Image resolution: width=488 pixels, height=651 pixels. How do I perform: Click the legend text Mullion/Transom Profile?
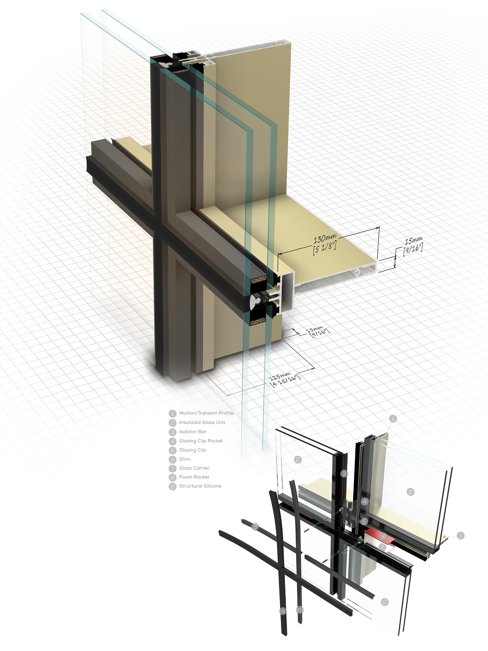(x=206, y=413)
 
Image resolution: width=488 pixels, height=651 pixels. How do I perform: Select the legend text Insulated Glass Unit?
(x=202, y=422)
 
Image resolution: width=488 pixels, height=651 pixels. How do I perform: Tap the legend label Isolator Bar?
(x=193, y=432)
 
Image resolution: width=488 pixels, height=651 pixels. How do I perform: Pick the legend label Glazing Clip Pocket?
(x=201, y=441)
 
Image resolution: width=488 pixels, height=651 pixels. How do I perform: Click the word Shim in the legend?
(x=185, y=459)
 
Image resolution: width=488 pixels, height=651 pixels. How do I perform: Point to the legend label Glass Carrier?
(x=194, y=468)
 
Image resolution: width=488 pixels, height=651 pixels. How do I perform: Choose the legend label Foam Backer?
(x=194, y=477)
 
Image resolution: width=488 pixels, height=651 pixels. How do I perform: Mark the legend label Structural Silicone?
(x=200, y=486)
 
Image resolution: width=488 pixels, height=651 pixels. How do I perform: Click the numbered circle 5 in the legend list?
(x=172, y=450)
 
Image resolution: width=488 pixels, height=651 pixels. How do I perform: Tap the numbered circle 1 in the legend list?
(x=172, y=413)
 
